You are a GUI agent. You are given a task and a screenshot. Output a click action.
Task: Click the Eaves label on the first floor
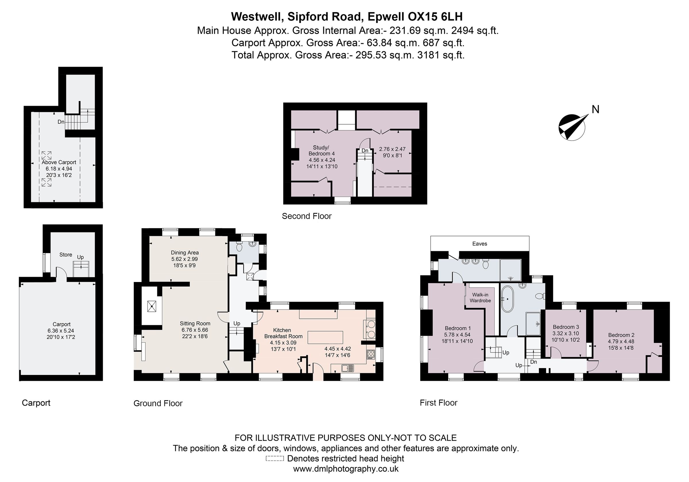pos(479,244)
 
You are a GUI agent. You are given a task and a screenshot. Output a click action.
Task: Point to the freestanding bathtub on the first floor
pos(508,299)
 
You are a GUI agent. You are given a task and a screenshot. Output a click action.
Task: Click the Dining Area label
pos(185,252)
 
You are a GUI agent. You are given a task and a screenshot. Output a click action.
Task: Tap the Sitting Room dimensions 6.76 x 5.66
pos(195,330)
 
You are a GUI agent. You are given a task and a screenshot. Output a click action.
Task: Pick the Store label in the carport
pos(66,255)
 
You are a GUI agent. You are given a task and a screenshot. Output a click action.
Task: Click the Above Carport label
pos(59,162)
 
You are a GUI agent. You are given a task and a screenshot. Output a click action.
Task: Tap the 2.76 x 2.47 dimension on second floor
pos(392,149)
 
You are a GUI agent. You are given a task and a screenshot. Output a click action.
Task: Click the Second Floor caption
pos(306,216)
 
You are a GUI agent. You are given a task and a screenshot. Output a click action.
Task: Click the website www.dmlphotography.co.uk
pos(346,469)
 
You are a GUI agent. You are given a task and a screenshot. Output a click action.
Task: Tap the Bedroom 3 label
pos(566,327)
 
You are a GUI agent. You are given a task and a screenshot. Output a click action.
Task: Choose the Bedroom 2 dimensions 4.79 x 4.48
pos(621,342)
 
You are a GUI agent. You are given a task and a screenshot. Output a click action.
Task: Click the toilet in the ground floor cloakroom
pos(239,247)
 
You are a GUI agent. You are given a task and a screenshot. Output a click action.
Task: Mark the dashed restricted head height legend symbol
pos(274,458)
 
